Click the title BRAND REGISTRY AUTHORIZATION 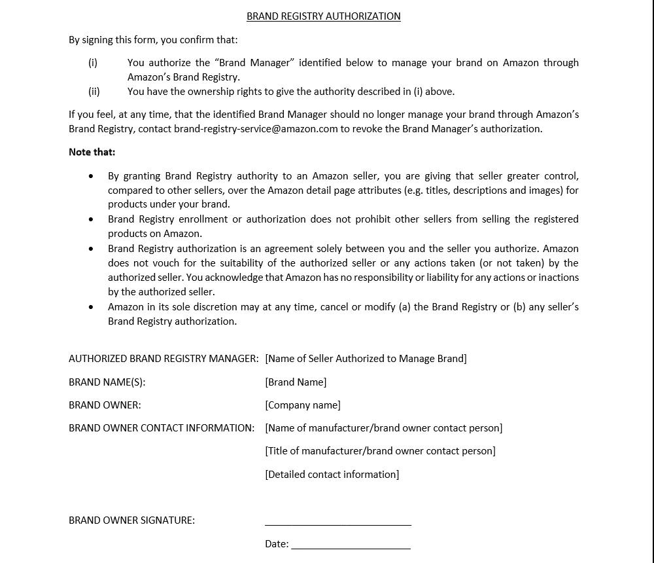click(x=323, y=16)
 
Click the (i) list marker click(x=93, y=63)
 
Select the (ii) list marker click(x=94, y=92)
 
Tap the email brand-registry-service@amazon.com click(x=256, y=129)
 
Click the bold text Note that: click(x=92, y=152)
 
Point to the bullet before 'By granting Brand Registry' click(x=91, y=176)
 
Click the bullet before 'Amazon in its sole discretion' click(x=91, y=307)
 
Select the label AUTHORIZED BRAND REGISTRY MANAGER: click(x=163, y=359)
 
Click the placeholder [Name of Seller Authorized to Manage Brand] click(x=366, y=359)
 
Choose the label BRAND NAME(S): click(x=107, y=382)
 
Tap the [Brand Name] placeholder click(x=296, y=382)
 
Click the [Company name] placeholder click(x=303, y=405)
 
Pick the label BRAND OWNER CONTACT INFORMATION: click(x=162, y=428)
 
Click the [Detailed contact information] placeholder click(x=332, y=475)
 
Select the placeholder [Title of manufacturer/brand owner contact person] click(x=380, y=451)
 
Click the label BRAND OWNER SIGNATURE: click(x=131, y=520)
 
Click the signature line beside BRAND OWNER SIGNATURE click(x=338, y=524)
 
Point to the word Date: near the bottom click(x=277, y=544)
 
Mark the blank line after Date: click(x=351, y=547)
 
